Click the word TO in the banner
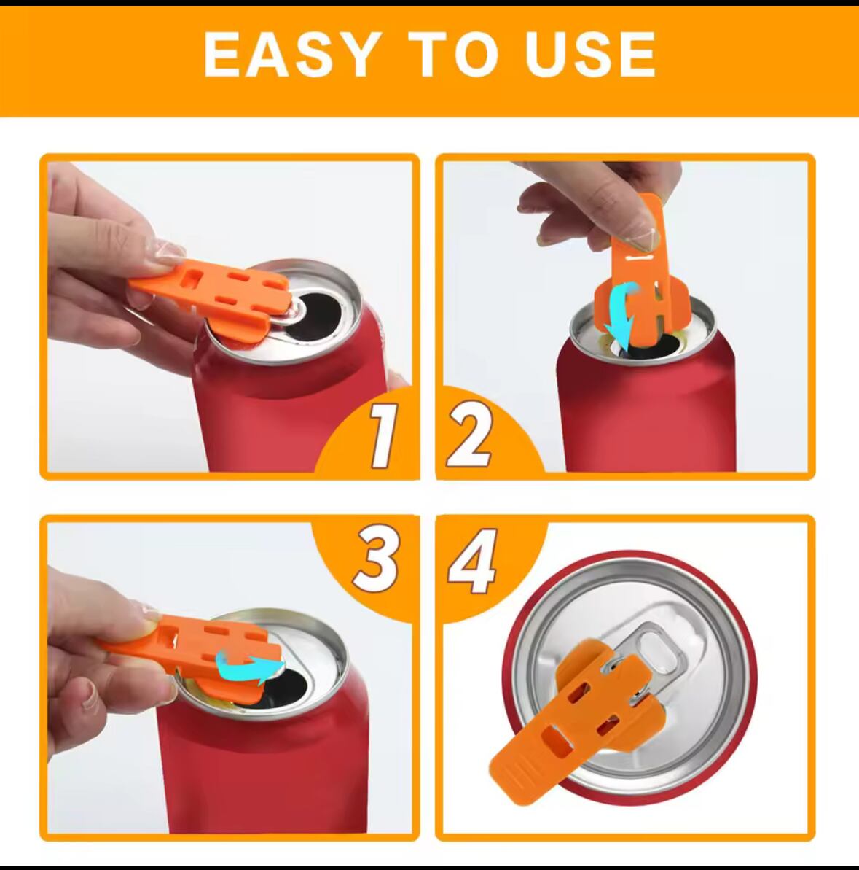point(452,54)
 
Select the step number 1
point(383,435)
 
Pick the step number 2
point(469,435)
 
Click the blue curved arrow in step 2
point(621,314)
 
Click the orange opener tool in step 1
point(211,297)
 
